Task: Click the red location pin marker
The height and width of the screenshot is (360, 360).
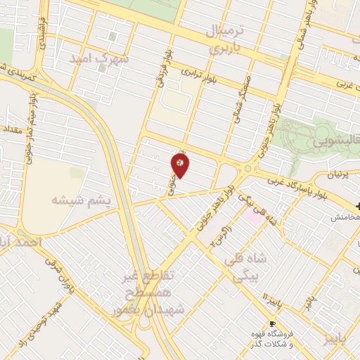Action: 181,164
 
